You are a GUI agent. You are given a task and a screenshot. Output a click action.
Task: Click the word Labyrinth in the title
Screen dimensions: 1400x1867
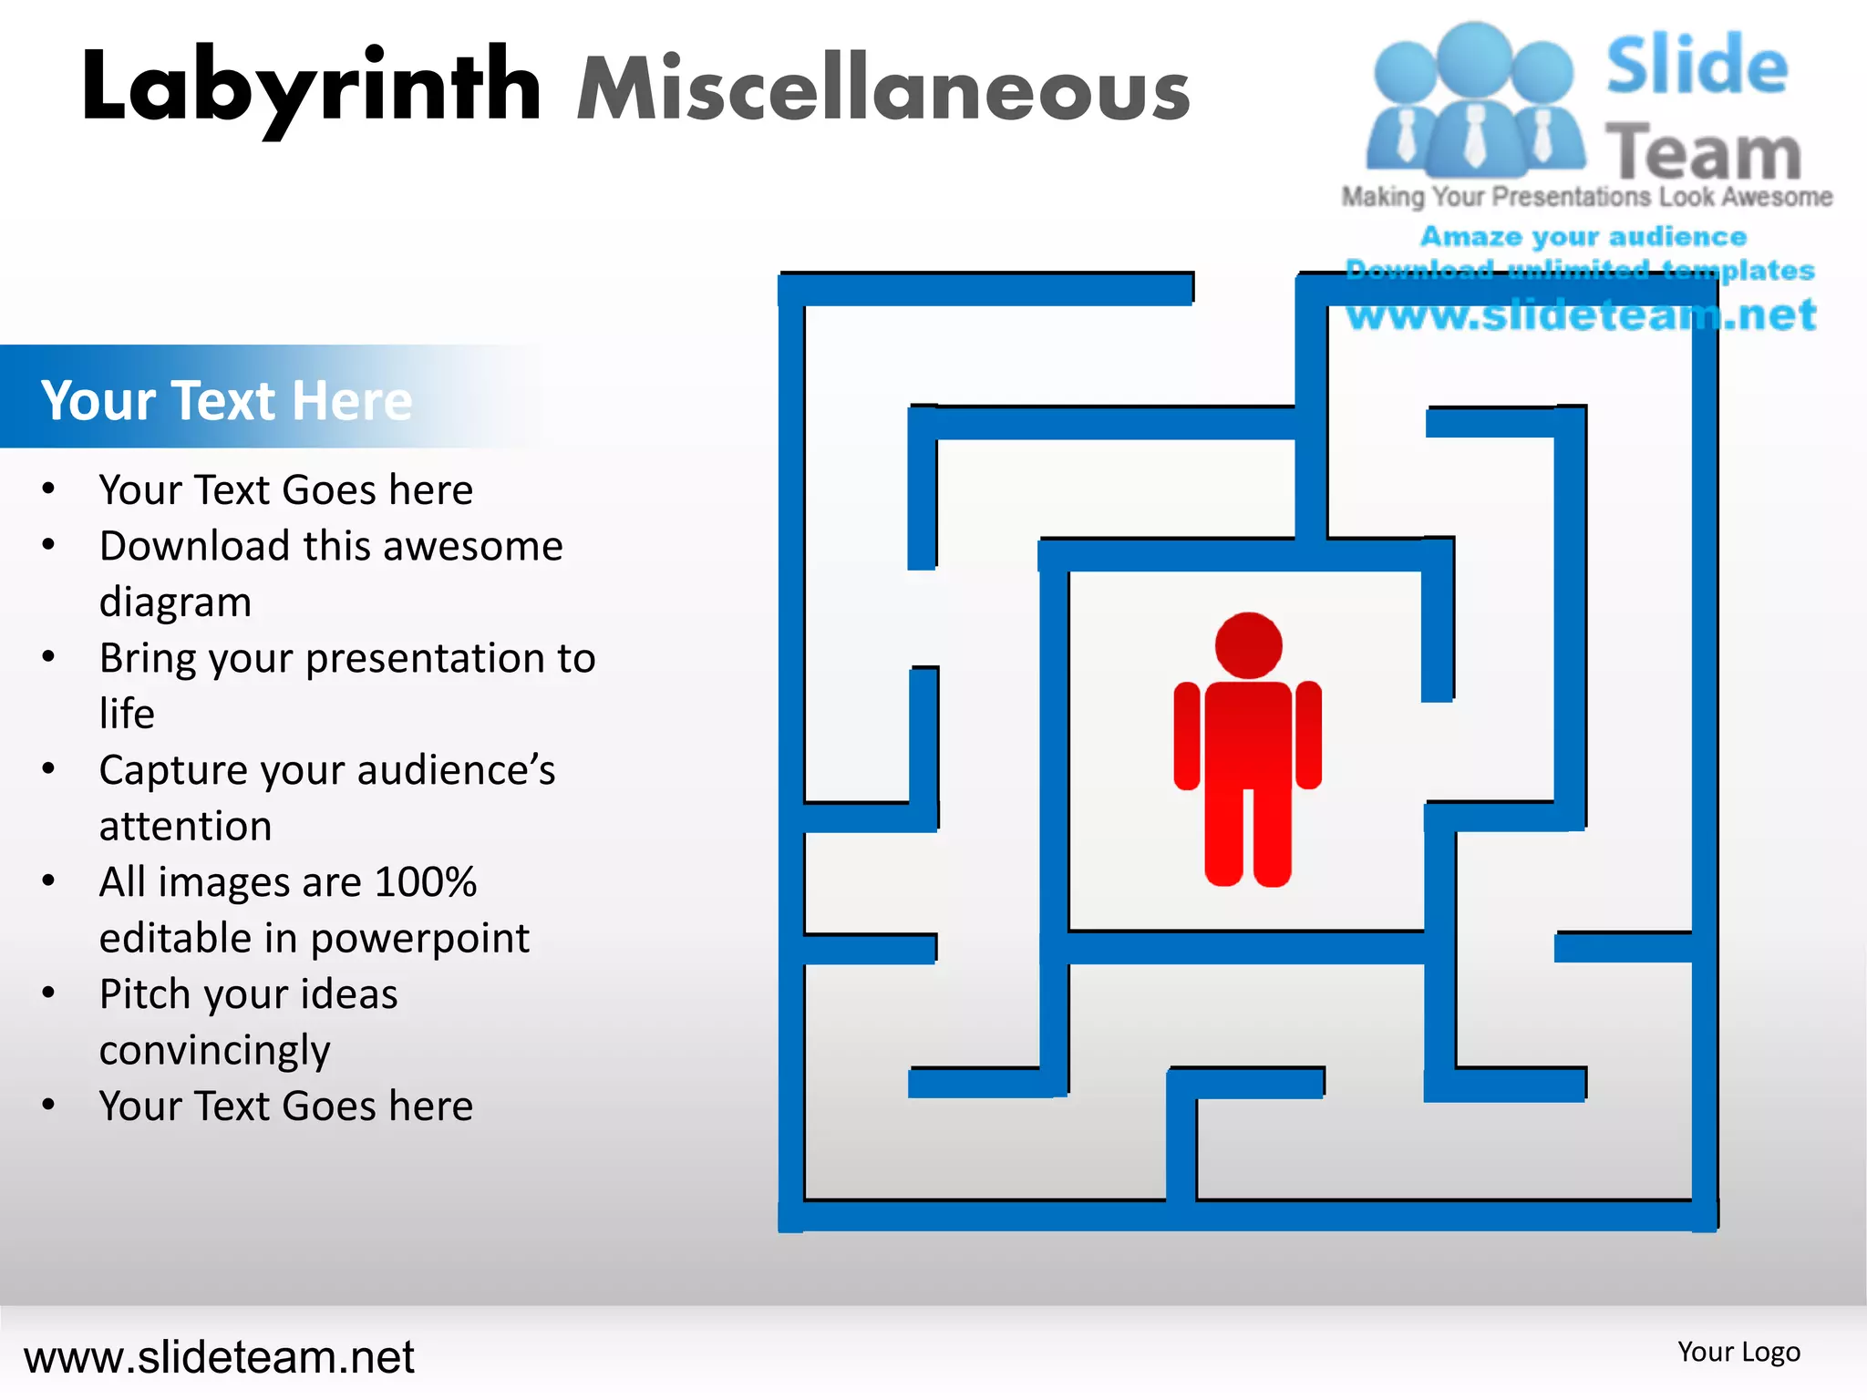[310, 87]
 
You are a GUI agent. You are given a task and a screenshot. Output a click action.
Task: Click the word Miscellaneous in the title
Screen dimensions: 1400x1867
[882, 89]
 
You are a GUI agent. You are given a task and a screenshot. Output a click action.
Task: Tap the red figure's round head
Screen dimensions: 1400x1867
[1248, 645]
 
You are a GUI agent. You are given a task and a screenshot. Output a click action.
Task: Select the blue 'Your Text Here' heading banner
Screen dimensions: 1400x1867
[228, 399]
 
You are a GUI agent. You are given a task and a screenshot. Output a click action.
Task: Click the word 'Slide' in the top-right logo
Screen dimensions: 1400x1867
[1697, 66]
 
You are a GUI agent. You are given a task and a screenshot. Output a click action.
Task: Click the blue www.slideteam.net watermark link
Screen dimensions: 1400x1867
[1582, 314]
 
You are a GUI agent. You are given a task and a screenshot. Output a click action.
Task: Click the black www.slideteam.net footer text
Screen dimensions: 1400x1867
[219, 1356]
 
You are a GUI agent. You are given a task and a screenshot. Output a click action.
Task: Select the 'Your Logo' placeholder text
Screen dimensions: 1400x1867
[1738, 1352]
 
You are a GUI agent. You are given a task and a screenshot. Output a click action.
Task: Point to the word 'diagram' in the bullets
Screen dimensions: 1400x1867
[175, 602]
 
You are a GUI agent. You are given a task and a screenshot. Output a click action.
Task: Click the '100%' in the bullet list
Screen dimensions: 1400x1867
[425, 882]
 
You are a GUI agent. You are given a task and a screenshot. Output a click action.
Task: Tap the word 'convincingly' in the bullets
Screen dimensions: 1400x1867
[214, 1051]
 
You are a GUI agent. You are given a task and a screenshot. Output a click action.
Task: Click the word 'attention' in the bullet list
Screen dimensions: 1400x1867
[185, 827]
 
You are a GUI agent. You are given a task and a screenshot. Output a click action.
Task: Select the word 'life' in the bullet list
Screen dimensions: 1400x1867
[127, 714]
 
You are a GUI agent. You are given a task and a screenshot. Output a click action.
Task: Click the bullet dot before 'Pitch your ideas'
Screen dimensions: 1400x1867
[49, 993]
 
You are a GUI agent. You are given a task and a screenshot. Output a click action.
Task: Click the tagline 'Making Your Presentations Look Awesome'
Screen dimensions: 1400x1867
[1586, 197]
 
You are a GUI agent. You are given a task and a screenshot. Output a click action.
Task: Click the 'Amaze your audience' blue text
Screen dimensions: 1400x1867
[1583, 237]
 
